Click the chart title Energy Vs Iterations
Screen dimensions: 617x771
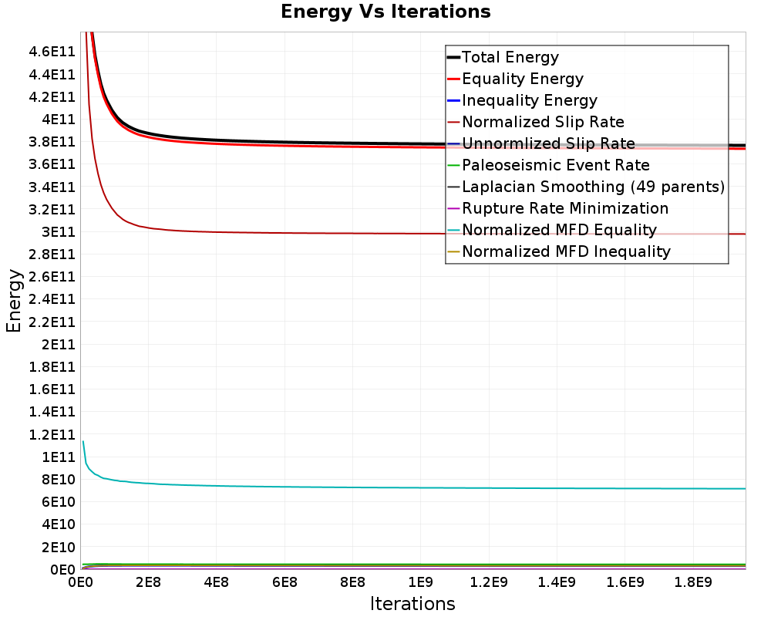385,12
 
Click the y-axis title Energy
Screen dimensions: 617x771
13,301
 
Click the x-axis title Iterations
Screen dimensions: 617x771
412,603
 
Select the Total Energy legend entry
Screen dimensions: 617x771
510,57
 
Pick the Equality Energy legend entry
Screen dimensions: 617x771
522,79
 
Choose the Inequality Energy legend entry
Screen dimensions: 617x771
529,100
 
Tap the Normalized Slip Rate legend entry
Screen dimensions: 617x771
543,122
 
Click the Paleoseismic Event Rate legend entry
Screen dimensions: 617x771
555,165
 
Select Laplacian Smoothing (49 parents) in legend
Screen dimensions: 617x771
593,187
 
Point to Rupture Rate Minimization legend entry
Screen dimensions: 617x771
565,208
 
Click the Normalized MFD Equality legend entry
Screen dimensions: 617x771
559,230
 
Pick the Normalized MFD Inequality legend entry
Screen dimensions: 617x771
566,251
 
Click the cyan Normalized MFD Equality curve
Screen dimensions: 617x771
385,487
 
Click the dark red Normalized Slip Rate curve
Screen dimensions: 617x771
308,232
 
